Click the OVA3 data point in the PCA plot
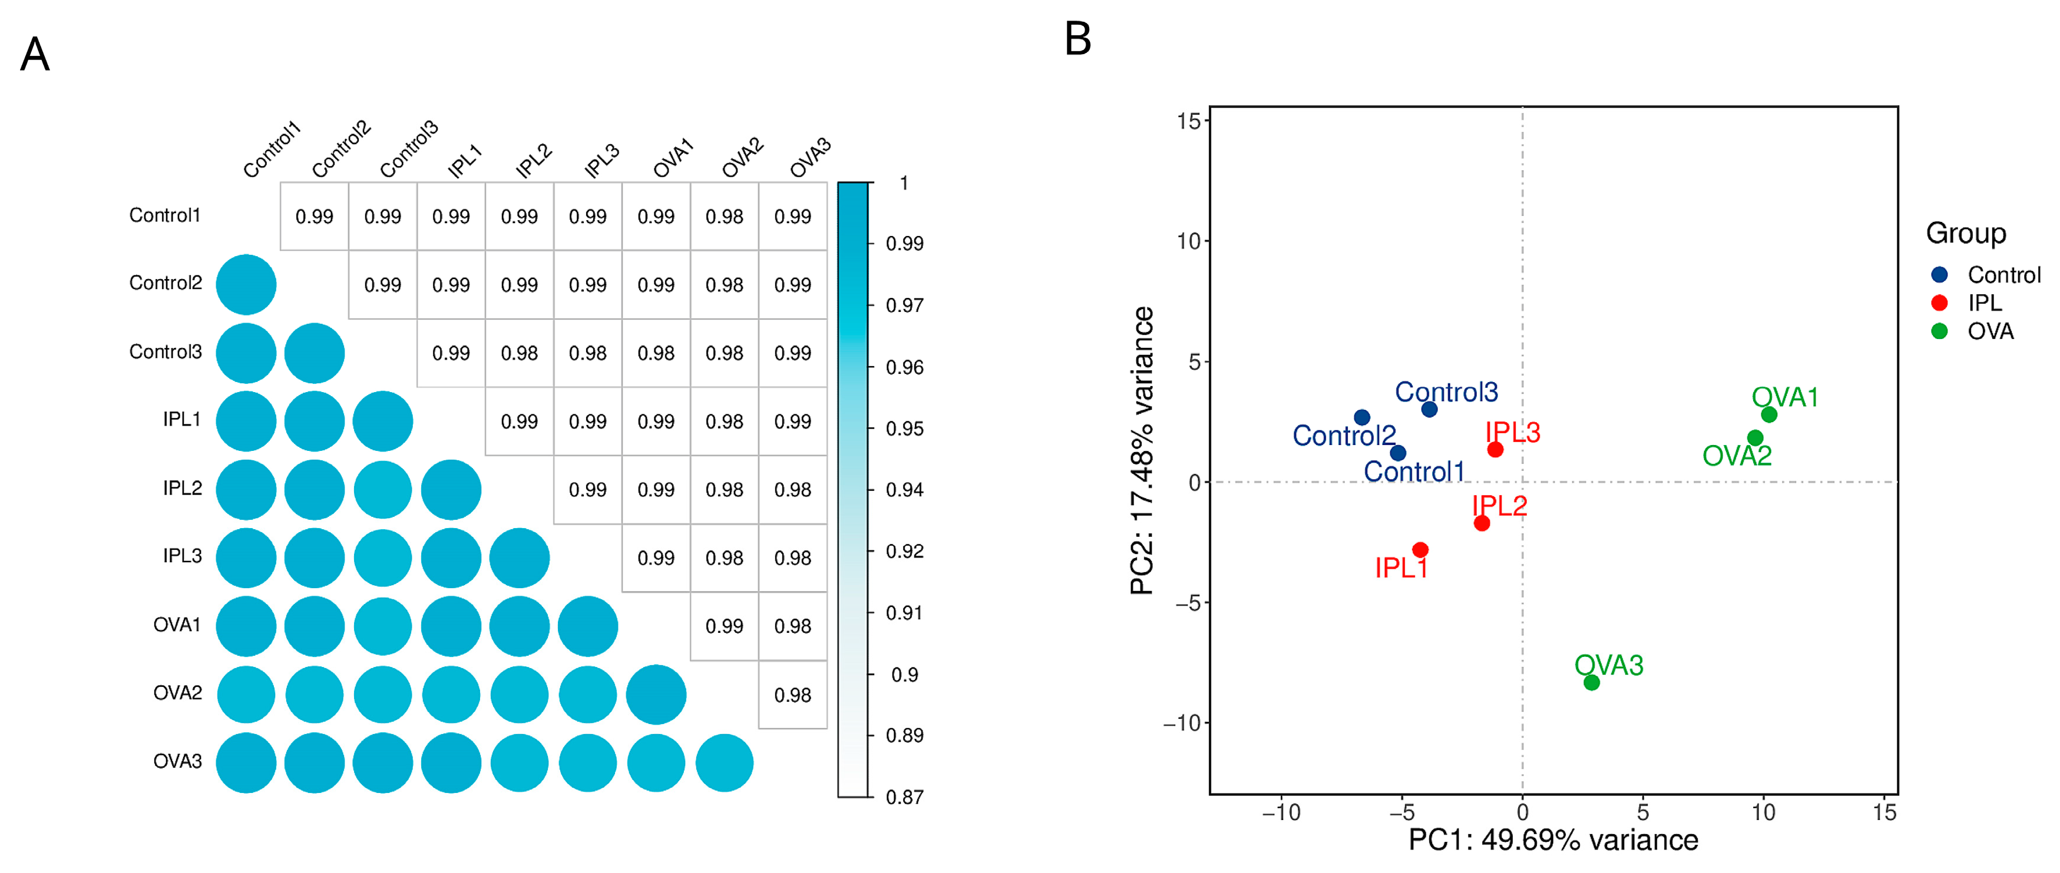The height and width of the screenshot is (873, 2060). [x=1591, y=682]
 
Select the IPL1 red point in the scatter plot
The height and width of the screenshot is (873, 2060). [x=1420, y=549]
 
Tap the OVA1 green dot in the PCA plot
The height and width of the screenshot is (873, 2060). [x=1769, y=414]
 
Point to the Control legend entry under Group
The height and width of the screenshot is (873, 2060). [x=2003, y=275]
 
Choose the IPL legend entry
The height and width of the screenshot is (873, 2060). [x=1985, y=303]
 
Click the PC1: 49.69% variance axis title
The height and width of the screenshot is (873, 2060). [x=1553, y=840]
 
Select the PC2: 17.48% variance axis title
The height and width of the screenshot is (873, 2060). [x=1143, y=450]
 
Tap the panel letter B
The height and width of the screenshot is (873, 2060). [x=1078, y=38]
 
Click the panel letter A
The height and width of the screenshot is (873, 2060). [x=35, y=54]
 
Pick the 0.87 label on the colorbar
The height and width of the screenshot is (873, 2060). [x=904, y=797]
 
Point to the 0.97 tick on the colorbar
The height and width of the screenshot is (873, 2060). [x=904, y=306]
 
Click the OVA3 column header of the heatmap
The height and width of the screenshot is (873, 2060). [x=810, y=158]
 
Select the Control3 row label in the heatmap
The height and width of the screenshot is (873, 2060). [x=166, y=352]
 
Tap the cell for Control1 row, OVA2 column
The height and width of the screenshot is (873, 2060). [x=725, y=217]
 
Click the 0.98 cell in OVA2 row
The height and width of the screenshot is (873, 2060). [x=792, y=695]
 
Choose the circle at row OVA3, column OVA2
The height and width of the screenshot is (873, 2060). [x=725, y=763]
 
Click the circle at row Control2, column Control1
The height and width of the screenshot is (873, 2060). [x=246, y=284]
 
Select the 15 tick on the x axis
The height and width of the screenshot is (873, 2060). [x=1884, y=812]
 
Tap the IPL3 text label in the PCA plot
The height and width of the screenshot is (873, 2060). [x=1512, y=433]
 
